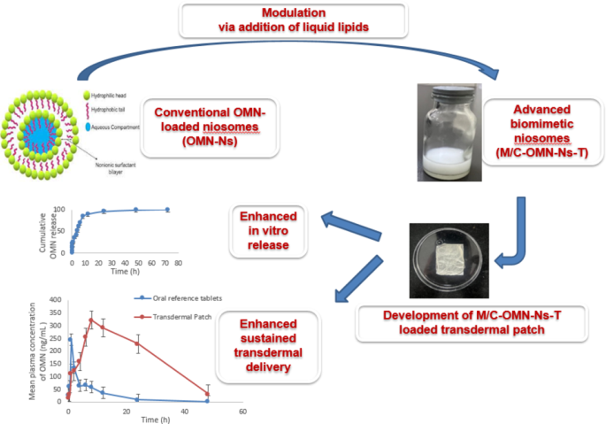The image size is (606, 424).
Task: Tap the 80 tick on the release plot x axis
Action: click(x=178, y=264)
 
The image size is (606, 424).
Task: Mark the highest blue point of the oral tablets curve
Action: click(x=70, y=340)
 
